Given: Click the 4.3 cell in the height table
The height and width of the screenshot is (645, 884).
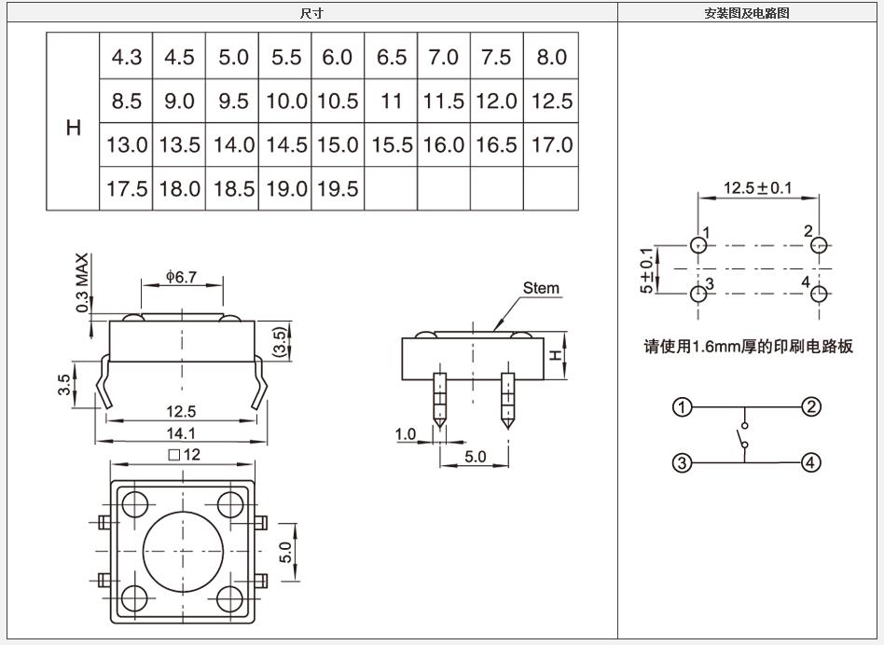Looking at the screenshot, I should (x=126, y=58).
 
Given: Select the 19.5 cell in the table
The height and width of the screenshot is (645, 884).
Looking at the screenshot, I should (x=338, y=188).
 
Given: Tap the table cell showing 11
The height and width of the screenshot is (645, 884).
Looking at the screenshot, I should (x=391, y=102).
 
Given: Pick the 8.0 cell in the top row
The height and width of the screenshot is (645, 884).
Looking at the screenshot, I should (x=551, y=58).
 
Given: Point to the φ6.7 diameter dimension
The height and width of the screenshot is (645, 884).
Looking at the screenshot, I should (x=181, y=277).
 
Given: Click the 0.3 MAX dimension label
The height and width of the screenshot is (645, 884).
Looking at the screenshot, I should (x=83, y=281).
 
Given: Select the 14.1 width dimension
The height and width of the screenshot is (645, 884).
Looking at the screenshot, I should (x=181, y=432).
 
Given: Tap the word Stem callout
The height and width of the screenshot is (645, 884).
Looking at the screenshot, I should (x=541, y=287).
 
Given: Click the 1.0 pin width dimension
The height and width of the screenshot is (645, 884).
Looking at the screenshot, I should (x=406, y=434).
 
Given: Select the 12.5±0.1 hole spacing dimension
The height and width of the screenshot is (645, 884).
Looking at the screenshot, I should (x=757, y=188).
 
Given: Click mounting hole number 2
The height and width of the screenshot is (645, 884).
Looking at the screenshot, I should (x=819, y=245).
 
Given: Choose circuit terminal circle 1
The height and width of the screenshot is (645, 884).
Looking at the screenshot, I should (x=684, y=407).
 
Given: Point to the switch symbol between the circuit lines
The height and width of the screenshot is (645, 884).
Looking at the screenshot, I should (x=744, y=436).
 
